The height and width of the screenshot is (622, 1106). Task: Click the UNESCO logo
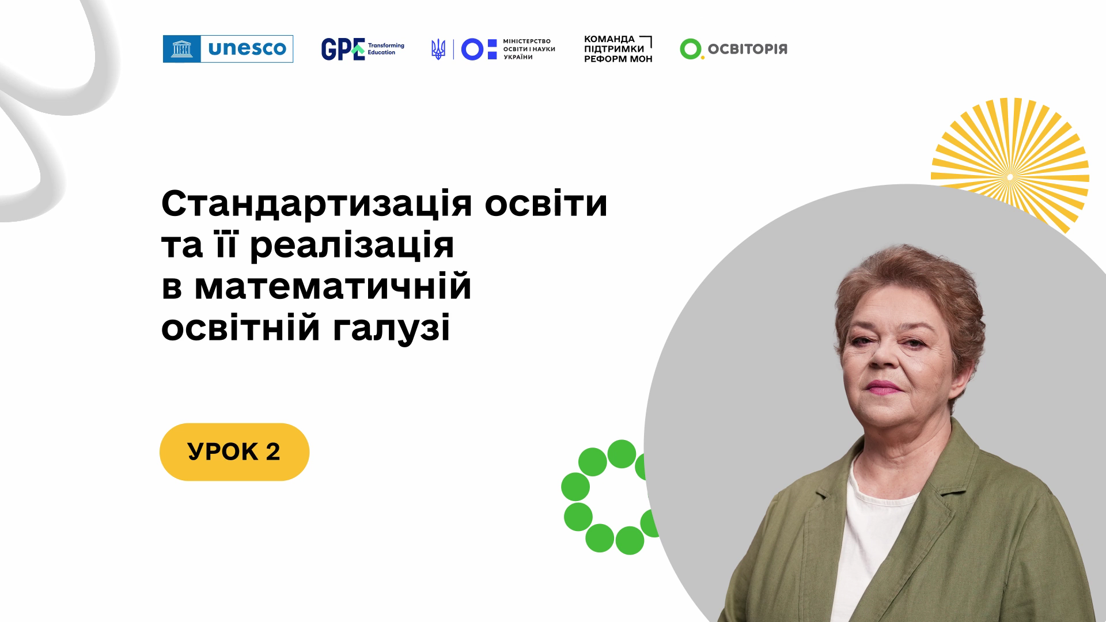[x=228, y=49]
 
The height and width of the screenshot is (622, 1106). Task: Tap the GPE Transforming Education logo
[x=362, y=49]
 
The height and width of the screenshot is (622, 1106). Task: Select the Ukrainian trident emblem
[x=438, y=50]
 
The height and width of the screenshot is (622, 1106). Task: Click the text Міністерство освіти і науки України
[x=529, y=50]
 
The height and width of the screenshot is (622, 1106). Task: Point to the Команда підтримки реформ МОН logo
[x=618, y=49]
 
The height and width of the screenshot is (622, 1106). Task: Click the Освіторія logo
[x=733, y=49]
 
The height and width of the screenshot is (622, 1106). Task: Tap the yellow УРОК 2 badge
[x=234, y=452]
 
